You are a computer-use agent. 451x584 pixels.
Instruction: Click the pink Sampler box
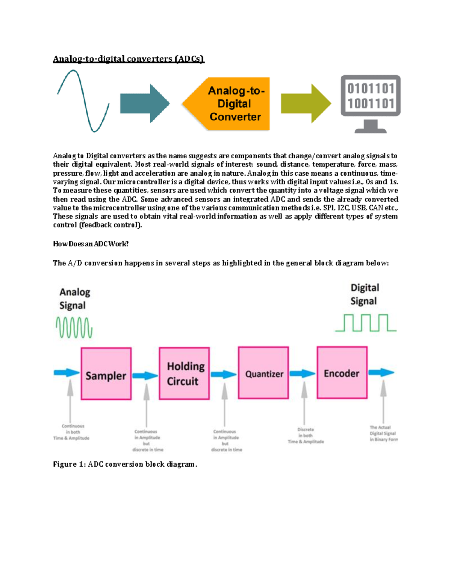pos(106,373)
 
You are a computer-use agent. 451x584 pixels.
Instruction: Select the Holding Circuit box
pos(184,373)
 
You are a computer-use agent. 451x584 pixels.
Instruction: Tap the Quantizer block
pos(263,373)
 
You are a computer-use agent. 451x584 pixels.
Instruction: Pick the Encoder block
pos(342,372)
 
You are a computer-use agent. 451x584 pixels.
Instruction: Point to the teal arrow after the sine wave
pos(144,103)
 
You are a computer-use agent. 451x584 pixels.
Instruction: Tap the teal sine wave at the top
pos(83,101)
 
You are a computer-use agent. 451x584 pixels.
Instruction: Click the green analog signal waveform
pos(74,328)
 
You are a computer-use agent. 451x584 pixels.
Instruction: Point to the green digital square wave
pos(366,323)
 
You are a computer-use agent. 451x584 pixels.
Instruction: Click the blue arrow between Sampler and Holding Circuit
pos(145,375)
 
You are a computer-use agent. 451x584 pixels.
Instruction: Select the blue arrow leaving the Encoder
pos(381,372)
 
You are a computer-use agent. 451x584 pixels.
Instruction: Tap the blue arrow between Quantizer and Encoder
pos(303,373)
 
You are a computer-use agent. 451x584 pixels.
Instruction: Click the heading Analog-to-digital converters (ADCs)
pos(129,59)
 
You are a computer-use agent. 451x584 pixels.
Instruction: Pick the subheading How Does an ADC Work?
pos(91,244)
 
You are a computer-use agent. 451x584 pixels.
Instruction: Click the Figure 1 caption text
pos(125,464)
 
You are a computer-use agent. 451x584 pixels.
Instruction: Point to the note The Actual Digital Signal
pos(383,433)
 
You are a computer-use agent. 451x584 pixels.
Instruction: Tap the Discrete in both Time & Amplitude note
pos(306,435)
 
